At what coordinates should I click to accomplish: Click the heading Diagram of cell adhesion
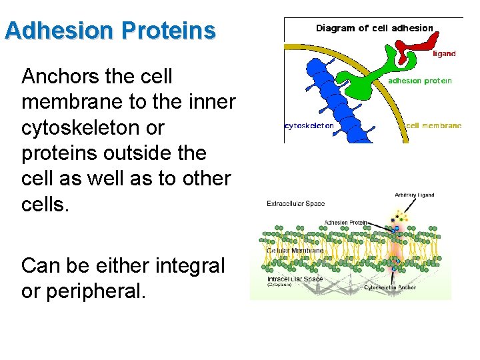(x=374, y=28)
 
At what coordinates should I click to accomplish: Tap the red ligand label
(x=444, y=53)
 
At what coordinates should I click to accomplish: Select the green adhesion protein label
(x=420, y=81)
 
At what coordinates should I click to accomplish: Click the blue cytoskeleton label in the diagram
(x=309, y=125)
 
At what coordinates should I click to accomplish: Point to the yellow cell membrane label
(x=433, y=125)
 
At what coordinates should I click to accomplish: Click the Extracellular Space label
(x=295, y=203)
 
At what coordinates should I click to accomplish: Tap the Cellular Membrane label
(x=295, y=251)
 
